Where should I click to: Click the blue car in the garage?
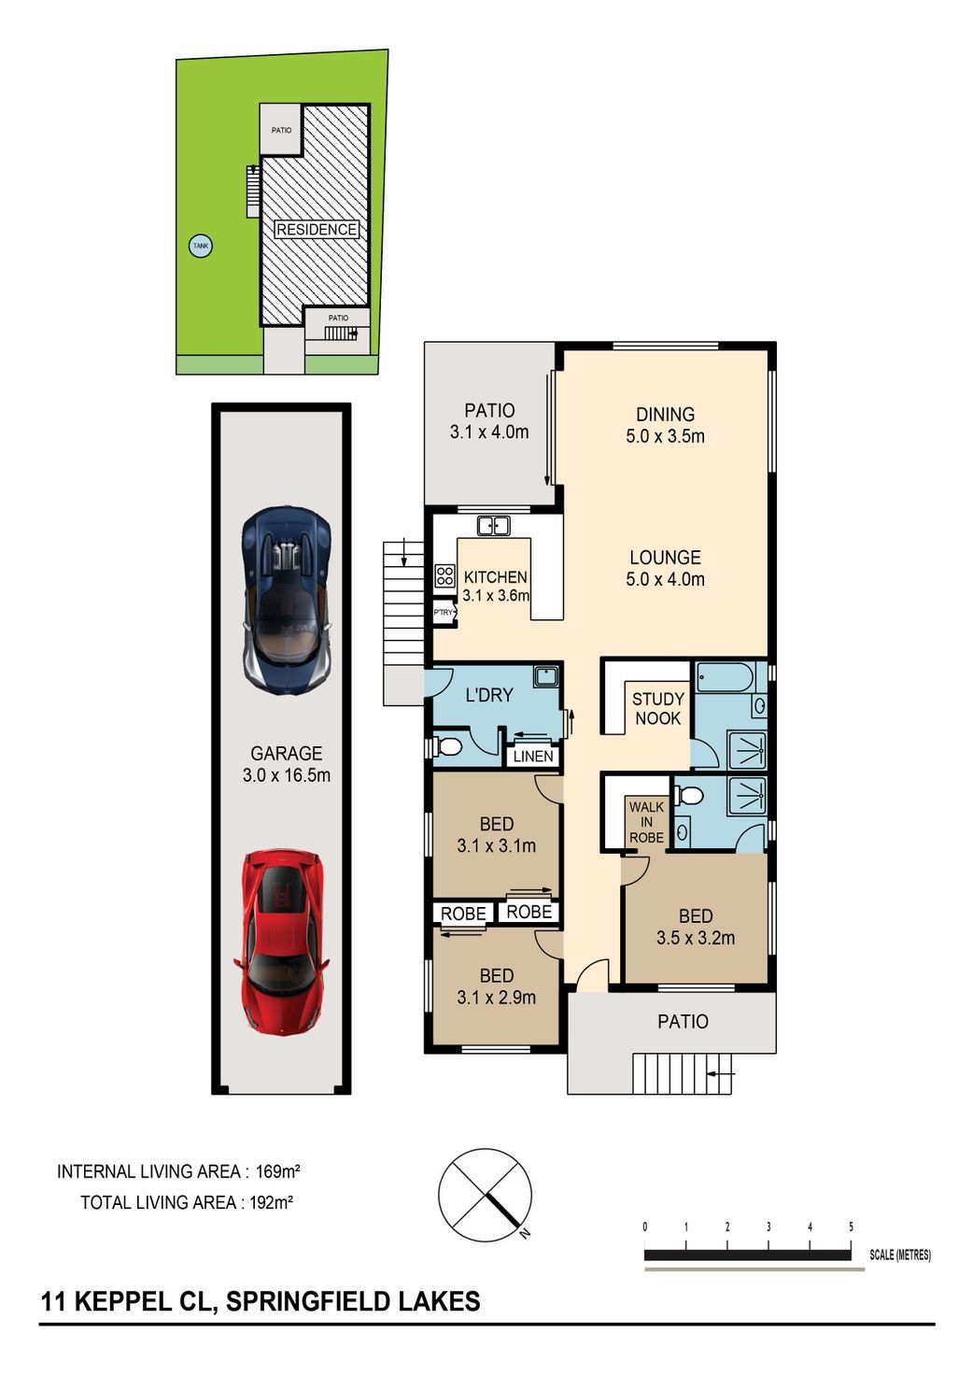[287, 601]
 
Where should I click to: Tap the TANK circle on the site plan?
[201, 247]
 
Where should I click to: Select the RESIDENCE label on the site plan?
[317, 230]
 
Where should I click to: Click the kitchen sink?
[493, 526]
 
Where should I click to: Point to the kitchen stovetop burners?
[444, 575]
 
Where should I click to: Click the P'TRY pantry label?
[443, 612]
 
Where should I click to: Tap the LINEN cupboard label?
[533, 757]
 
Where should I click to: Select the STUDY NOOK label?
[658, 708]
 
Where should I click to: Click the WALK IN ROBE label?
[646, 822]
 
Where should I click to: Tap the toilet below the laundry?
[448, 747]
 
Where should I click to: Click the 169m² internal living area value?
[277, 1171]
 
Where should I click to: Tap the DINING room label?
[665, 415]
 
